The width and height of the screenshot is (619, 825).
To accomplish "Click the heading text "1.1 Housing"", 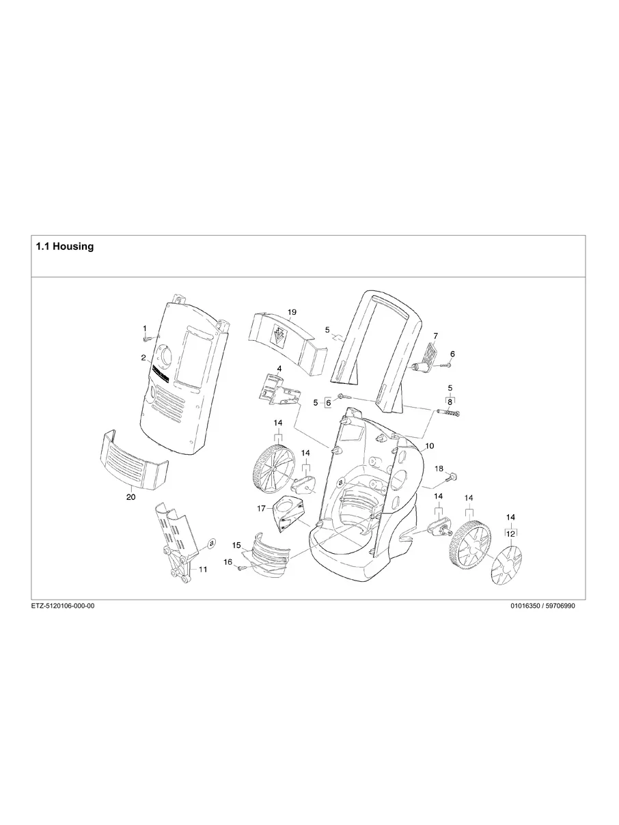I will [x=64, y=247].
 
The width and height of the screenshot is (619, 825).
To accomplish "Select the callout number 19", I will [x=292, y=312].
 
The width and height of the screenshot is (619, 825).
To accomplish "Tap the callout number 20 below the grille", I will [x=130, y=497].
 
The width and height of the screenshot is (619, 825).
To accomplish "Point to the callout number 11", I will [x=203, y=568].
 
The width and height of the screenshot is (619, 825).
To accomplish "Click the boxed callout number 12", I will [x=510, y=533].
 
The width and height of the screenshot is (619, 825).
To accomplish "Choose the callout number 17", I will [x=261, y=508].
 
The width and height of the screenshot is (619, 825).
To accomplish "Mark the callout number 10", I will [x=429, y=445].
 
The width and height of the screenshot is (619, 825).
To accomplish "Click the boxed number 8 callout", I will [x=450, y=402].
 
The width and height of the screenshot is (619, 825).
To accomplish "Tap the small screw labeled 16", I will [x=241, y=570].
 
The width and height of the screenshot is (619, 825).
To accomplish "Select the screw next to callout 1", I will [x=146, y=339].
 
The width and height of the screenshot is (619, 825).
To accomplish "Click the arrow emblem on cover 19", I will [x=279, y=337].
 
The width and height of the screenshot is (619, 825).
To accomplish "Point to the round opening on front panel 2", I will [x=167, y=356].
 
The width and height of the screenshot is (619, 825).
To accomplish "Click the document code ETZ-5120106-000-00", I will [x=63, y=605].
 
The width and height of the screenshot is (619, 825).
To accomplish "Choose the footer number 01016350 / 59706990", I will [x=542, y=605].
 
